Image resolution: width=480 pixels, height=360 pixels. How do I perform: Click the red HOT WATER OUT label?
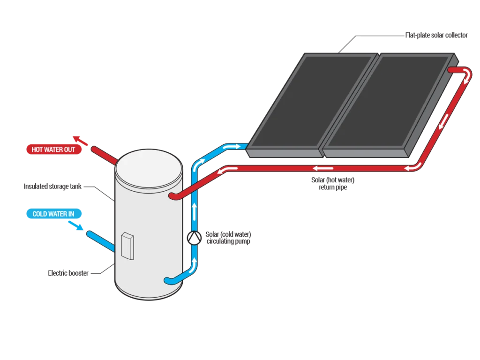coord(53,150)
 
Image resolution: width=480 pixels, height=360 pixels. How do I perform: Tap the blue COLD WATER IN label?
coord(53,214)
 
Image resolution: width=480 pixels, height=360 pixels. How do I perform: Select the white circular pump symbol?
coord(194,238)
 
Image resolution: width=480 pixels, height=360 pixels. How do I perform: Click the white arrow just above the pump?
coord(194,213)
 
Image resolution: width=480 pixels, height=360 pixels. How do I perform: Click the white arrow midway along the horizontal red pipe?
coord(323,168)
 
